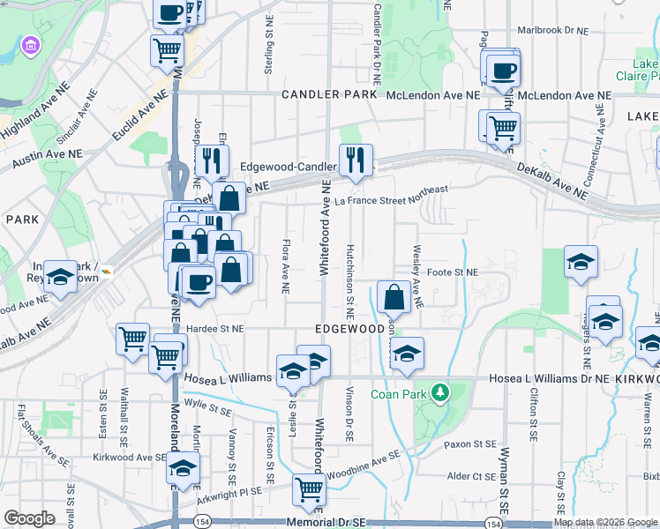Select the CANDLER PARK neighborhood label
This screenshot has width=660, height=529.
click(x=323, y=94)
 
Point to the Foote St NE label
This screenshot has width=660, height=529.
click(x=452, y=273)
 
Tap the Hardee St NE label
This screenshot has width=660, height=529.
click(x=214, y=328)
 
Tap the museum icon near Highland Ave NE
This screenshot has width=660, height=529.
click(x=31, y=45)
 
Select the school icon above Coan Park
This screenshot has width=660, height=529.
click(x=406, y=354)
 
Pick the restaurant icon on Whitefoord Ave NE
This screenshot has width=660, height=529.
click(x=356, y=160)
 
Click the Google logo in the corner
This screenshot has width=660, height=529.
click(x=29, y=518)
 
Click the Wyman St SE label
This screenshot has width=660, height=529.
click(x=505, y=481)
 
